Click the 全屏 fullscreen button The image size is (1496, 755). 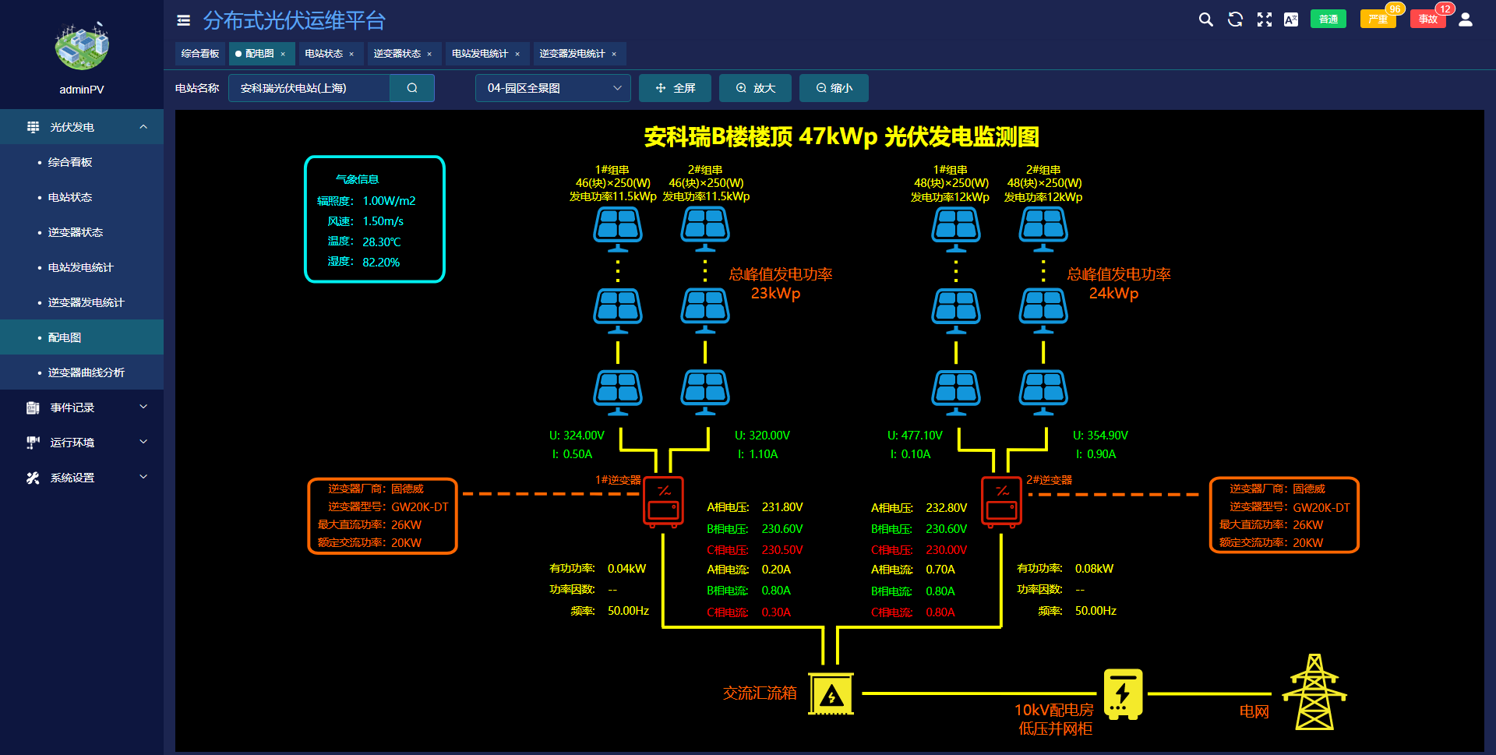point(675,88)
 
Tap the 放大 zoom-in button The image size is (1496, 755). point(755,88)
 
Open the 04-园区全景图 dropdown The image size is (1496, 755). point(552,88)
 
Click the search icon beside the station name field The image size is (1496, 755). point(412,88)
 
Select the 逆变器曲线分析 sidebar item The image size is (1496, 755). point(86,372)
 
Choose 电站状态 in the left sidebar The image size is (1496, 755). point(70,197)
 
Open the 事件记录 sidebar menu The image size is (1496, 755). point(72,407)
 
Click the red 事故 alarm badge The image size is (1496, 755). point(1427,19)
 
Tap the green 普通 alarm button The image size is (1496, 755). point(1328,19)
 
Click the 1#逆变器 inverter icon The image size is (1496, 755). point(664,502)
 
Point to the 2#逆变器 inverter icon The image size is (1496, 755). point(1001,502)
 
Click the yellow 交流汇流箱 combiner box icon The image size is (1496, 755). point(831,693)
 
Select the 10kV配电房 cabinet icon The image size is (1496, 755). point(1123,693)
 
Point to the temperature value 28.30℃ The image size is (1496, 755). point(382,242)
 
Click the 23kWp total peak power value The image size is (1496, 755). point(775,294)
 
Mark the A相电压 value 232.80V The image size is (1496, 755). point(946,508)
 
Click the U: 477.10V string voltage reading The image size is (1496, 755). point(915,436)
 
